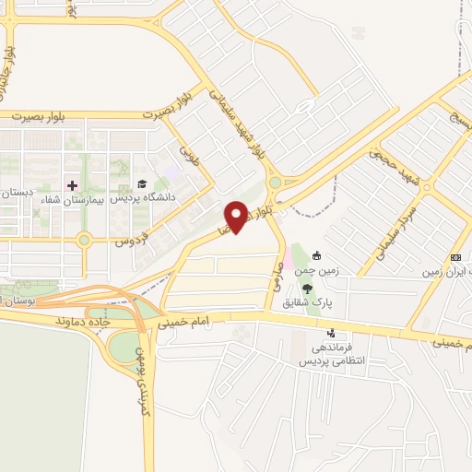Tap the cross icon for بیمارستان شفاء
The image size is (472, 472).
tap(72, 185)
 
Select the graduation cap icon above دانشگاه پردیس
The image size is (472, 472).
tap(142, 184)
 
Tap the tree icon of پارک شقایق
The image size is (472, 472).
tap(333, 288)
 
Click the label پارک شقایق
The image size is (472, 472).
tap(333, 301)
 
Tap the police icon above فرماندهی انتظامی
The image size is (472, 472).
tap(332, 334)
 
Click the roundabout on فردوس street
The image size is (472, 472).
tap(84, 242)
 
